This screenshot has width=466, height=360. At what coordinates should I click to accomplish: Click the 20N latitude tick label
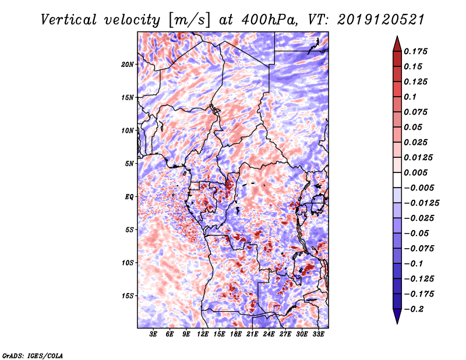(x=128, y=64)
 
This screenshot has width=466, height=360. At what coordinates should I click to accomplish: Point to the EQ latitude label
(x=130, y=196)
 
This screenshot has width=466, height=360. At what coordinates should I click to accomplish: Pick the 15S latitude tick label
(x=128, y=295)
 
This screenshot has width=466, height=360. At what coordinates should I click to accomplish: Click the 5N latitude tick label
(x=129, y=164)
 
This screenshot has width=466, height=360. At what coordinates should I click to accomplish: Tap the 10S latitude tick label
(x=128, y=263)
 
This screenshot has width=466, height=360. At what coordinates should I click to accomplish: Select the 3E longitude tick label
(x=154, y=335)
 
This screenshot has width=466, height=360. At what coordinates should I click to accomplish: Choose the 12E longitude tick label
(x=203, y=335)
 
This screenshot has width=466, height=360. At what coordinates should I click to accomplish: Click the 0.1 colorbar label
(x=410, y=97)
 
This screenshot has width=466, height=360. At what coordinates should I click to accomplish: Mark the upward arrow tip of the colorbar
(x=397, y=38)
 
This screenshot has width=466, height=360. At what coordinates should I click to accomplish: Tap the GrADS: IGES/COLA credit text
(x=33, y=355)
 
